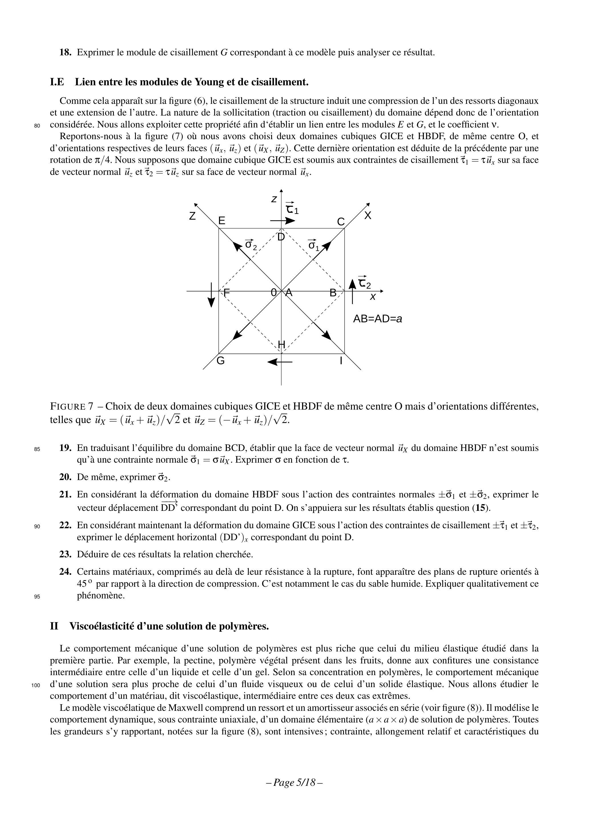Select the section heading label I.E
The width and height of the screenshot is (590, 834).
pyautogui.click(x=57, y=82)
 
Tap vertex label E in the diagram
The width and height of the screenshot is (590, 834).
pyautogui.click(x=221, y=221)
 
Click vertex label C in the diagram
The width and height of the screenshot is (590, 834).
pyautogui.click(x=341, y=222)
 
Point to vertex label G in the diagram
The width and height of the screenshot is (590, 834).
pyautogui.click(x=220, y=361)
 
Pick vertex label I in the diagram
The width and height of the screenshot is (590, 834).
pyautogui.click(x=341, y=361)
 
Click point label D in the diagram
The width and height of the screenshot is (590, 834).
pyautogui.click(x=281, y=237)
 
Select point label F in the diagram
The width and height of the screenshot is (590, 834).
pyautogui.click(x=226, y=292)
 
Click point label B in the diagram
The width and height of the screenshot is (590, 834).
pyautogui.click(x=333, y=292)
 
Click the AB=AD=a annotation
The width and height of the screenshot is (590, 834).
pyautogui.click(x=377, y=319)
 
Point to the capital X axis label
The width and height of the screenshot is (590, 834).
pyautogui.click(x=368, y=215)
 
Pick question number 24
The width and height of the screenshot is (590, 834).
pyautogui.click(x=65, y=572)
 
